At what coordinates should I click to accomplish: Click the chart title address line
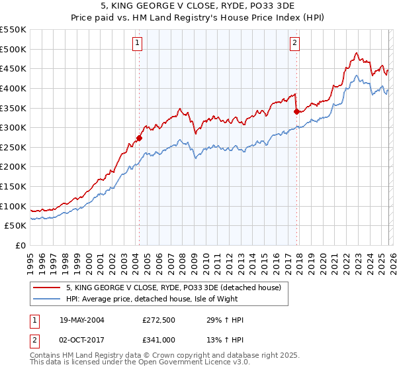pyautogui.click(x=198, y=7)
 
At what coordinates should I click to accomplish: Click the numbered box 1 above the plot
pyautogui.click(x=137, y=44)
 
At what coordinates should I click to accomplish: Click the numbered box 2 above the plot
pyautogui.click(x=294, y=44)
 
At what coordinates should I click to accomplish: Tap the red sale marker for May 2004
pyautogui.click(x=139, y=138)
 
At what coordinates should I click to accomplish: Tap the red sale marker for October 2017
pyautogui.click(x=296, y=111)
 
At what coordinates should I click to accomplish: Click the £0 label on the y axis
pyautogui.click(x=20, y=245)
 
